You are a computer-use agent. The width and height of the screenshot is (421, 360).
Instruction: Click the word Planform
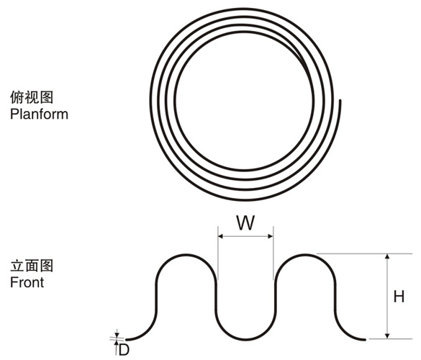coord(39,114)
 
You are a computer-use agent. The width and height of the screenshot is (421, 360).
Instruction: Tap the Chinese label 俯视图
coord(32,97)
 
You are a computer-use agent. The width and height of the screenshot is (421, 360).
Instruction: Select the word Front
coord(27,283)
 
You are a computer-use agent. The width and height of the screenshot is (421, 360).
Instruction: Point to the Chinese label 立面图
coord(32,266)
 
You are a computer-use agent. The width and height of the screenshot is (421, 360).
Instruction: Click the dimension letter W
coord(245,223)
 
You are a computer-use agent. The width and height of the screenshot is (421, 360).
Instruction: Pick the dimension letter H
coord(399,297)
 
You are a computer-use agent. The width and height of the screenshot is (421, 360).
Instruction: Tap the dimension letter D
coord(124,350)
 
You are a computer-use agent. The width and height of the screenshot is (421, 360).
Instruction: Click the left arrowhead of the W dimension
coord(221,236)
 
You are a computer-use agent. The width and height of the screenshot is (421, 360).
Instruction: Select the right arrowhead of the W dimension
coord(271,236)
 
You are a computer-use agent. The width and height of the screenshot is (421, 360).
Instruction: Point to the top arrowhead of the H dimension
coord(387,256)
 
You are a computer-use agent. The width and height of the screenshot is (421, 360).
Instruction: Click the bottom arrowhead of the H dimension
coord(387,336)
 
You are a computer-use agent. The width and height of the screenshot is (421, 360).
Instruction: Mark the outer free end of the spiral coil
coord(340,101)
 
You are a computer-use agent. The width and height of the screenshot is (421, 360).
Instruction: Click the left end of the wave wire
coord(127,340)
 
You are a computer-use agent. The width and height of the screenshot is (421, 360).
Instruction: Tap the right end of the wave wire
coord(364,340)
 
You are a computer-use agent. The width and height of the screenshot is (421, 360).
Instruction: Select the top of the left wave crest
coord(186,254)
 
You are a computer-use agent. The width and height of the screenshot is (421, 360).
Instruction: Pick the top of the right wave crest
coord(305,254)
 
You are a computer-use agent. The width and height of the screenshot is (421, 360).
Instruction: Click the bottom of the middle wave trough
coord(245,340)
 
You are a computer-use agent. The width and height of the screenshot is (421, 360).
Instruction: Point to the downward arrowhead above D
coord(117,335)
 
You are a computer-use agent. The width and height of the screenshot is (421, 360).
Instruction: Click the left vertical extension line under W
coord(218,253)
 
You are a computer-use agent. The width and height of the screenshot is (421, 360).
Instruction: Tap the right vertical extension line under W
coord(273,253)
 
